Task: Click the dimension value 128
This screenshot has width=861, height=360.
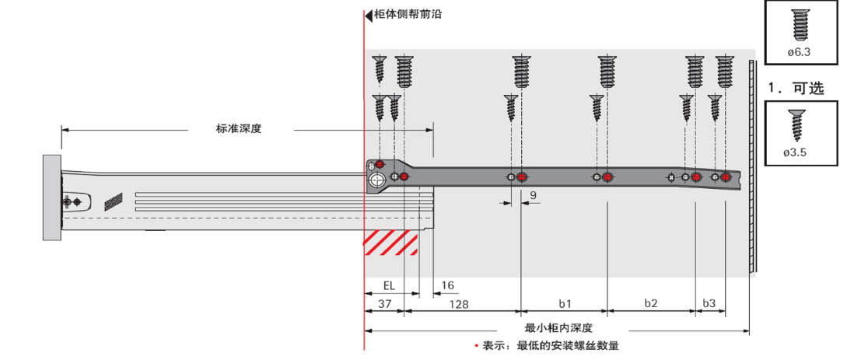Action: (459, 304)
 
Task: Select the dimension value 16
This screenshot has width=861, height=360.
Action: (447, 285)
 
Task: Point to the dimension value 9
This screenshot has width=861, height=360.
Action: (533, 194)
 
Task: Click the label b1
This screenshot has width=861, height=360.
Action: (565, 304)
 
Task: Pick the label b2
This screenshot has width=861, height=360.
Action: (651, 304)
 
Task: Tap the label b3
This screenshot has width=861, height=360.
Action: (709, 304)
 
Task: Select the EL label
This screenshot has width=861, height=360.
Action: (388, 285)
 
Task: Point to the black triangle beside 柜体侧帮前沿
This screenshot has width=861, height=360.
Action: (368, 15)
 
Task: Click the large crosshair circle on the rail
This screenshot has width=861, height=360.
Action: (377, 180)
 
